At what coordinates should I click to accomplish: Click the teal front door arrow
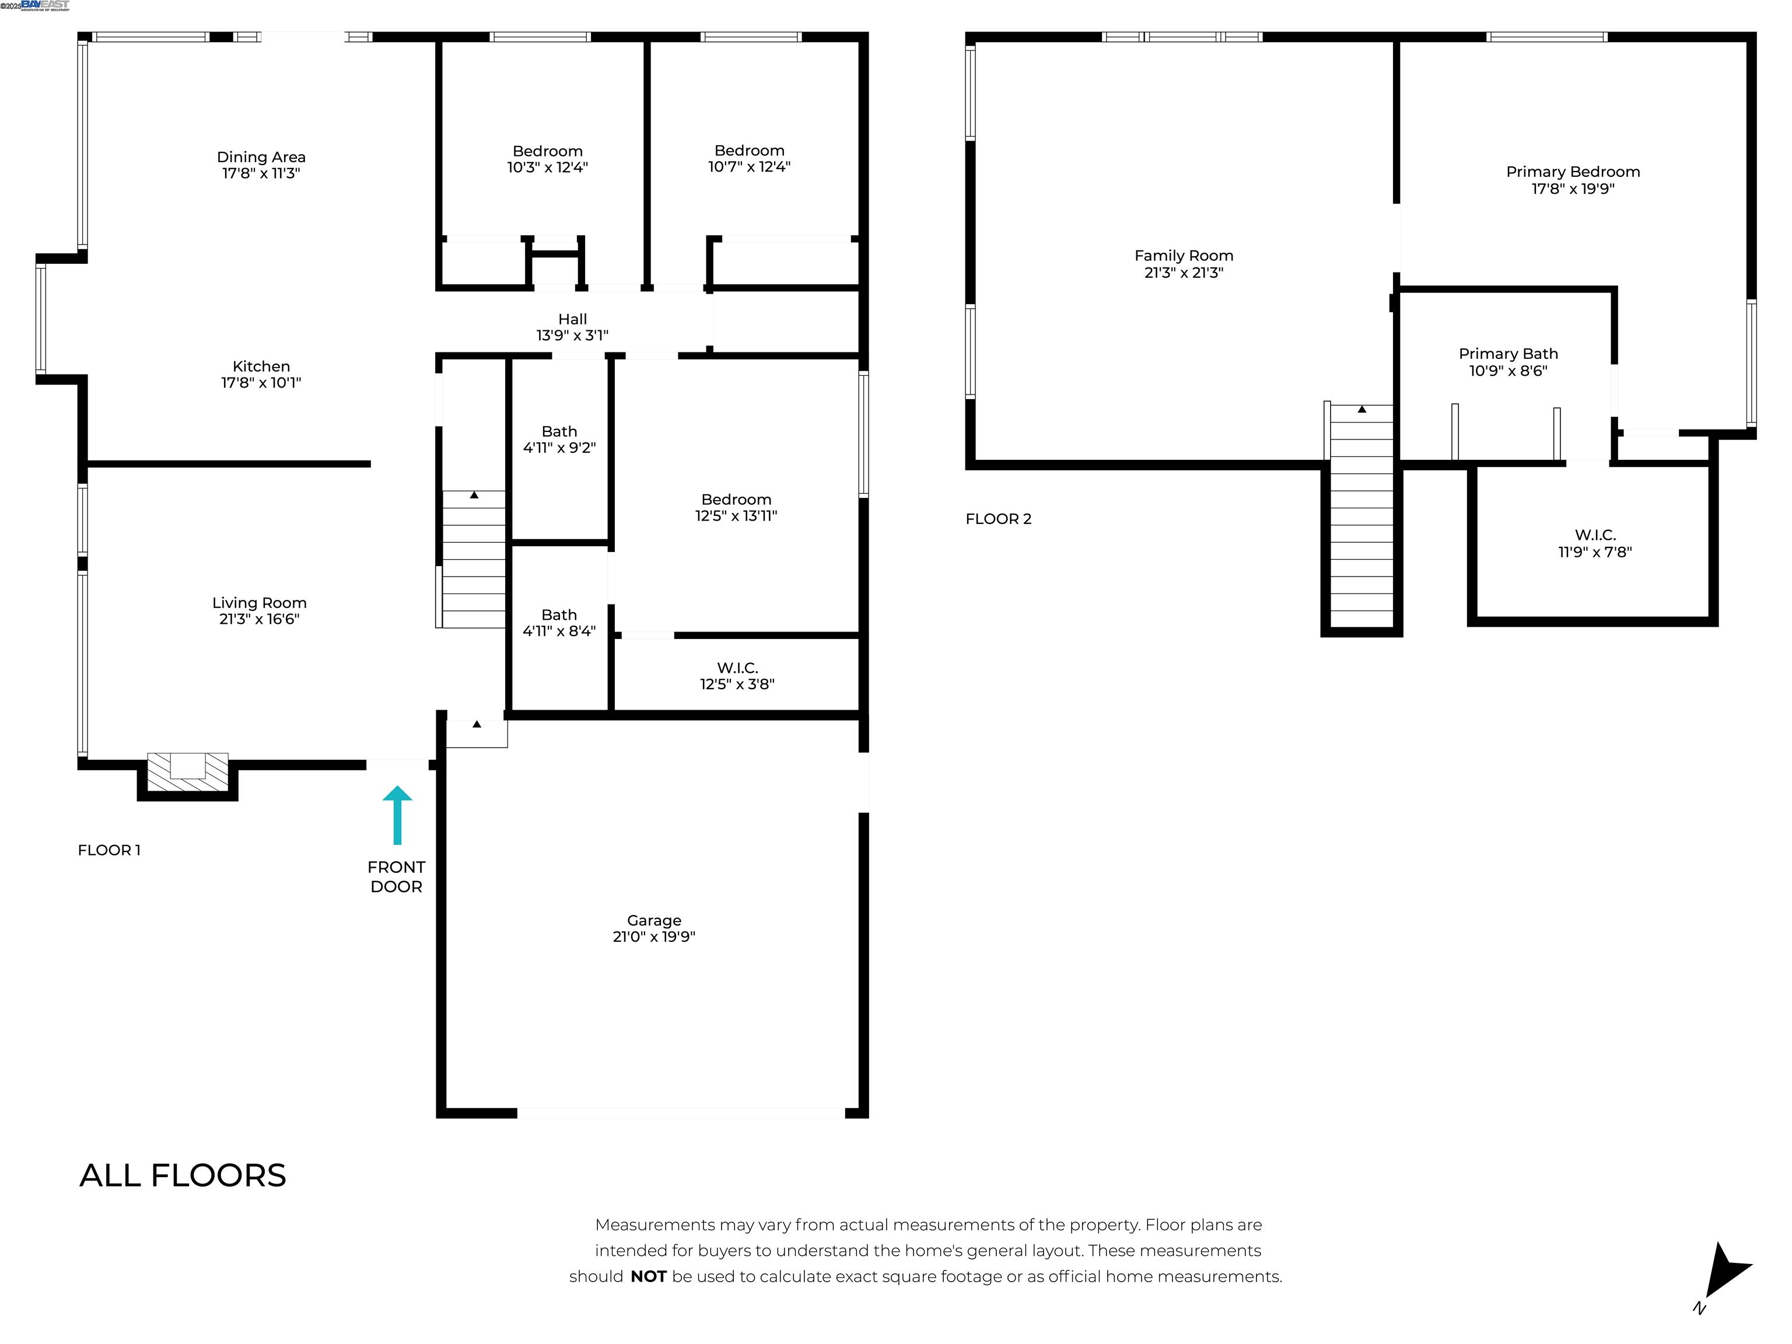[x=397, y=814]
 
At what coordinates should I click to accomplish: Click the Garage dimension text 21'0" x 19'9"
[x=654, y=936]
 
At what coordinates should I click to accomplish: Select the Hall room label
[x=572, y=319]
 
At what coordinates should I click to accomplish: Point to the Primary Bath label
[x=1508, y=354]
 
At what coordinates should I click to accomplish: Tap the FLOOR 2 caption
[x=998, y=519]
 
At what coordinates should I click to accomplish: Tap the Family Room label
[x=1184, y=256]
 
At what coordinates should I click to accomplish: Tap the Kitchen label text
[x=261, y=366]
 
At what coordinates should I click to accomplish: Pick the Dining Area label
[x=261, y=157]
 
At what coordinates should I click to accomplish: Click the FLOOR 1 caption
[x=108, y=850]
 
